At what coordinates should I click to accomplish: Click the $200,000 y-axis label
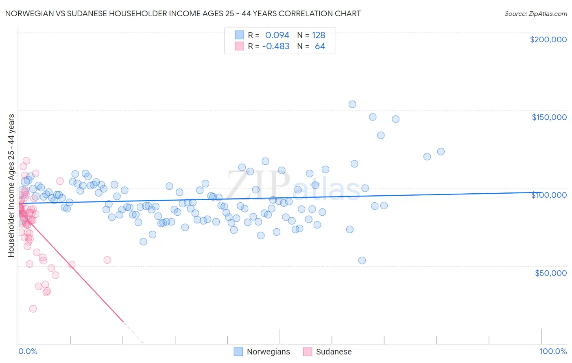click(548, 39)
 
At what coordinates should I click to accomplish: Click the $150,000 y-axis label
click(549, 117)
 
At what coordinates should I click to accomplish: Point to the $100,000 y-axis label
click(549, 195)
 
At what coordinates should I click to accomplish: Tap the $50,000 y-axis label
click(550, 273)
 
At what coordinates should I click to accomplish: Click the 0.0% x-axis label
click(28, 351)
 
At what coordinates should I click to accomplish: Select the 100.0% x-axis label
click(553, 351)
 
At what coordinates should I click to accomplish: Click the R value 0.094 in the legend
click(277, 35)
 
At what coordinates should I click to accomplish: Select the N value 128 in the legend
click(319, 35)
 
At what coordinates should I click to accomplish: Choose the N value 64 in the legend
click(320, 46)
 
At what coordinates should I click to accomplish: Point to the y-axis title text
click(11, 186)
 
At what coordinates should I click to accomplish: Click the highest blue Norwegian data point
click(352, 104)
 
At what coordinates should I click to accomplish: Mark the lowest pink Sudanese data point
click(33, 309)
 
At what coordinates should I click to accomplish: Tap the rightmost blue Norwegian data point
click(441, 151)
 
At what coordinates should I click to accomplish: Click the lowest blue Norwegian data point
click(362, 260)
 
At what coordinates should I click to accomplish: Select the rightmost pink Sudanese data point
click(107, 260)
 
